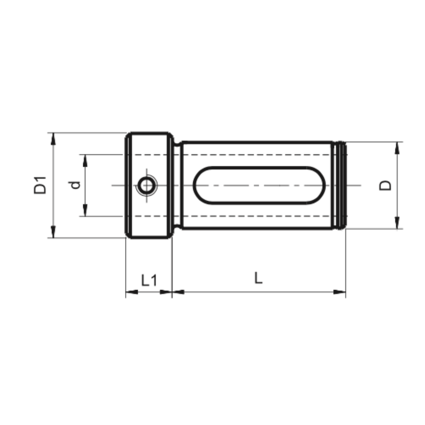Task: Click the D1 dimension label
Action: tap(40, 185)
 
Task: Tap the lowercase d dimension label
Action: tap(75, 185)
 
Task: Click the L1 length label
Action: tap(149, 280)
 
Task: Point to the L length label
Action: tap(258, 278)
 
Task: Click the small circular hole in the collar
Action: tap(146, 186)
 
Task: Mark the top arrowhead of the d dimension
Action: tap(85, 161)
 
